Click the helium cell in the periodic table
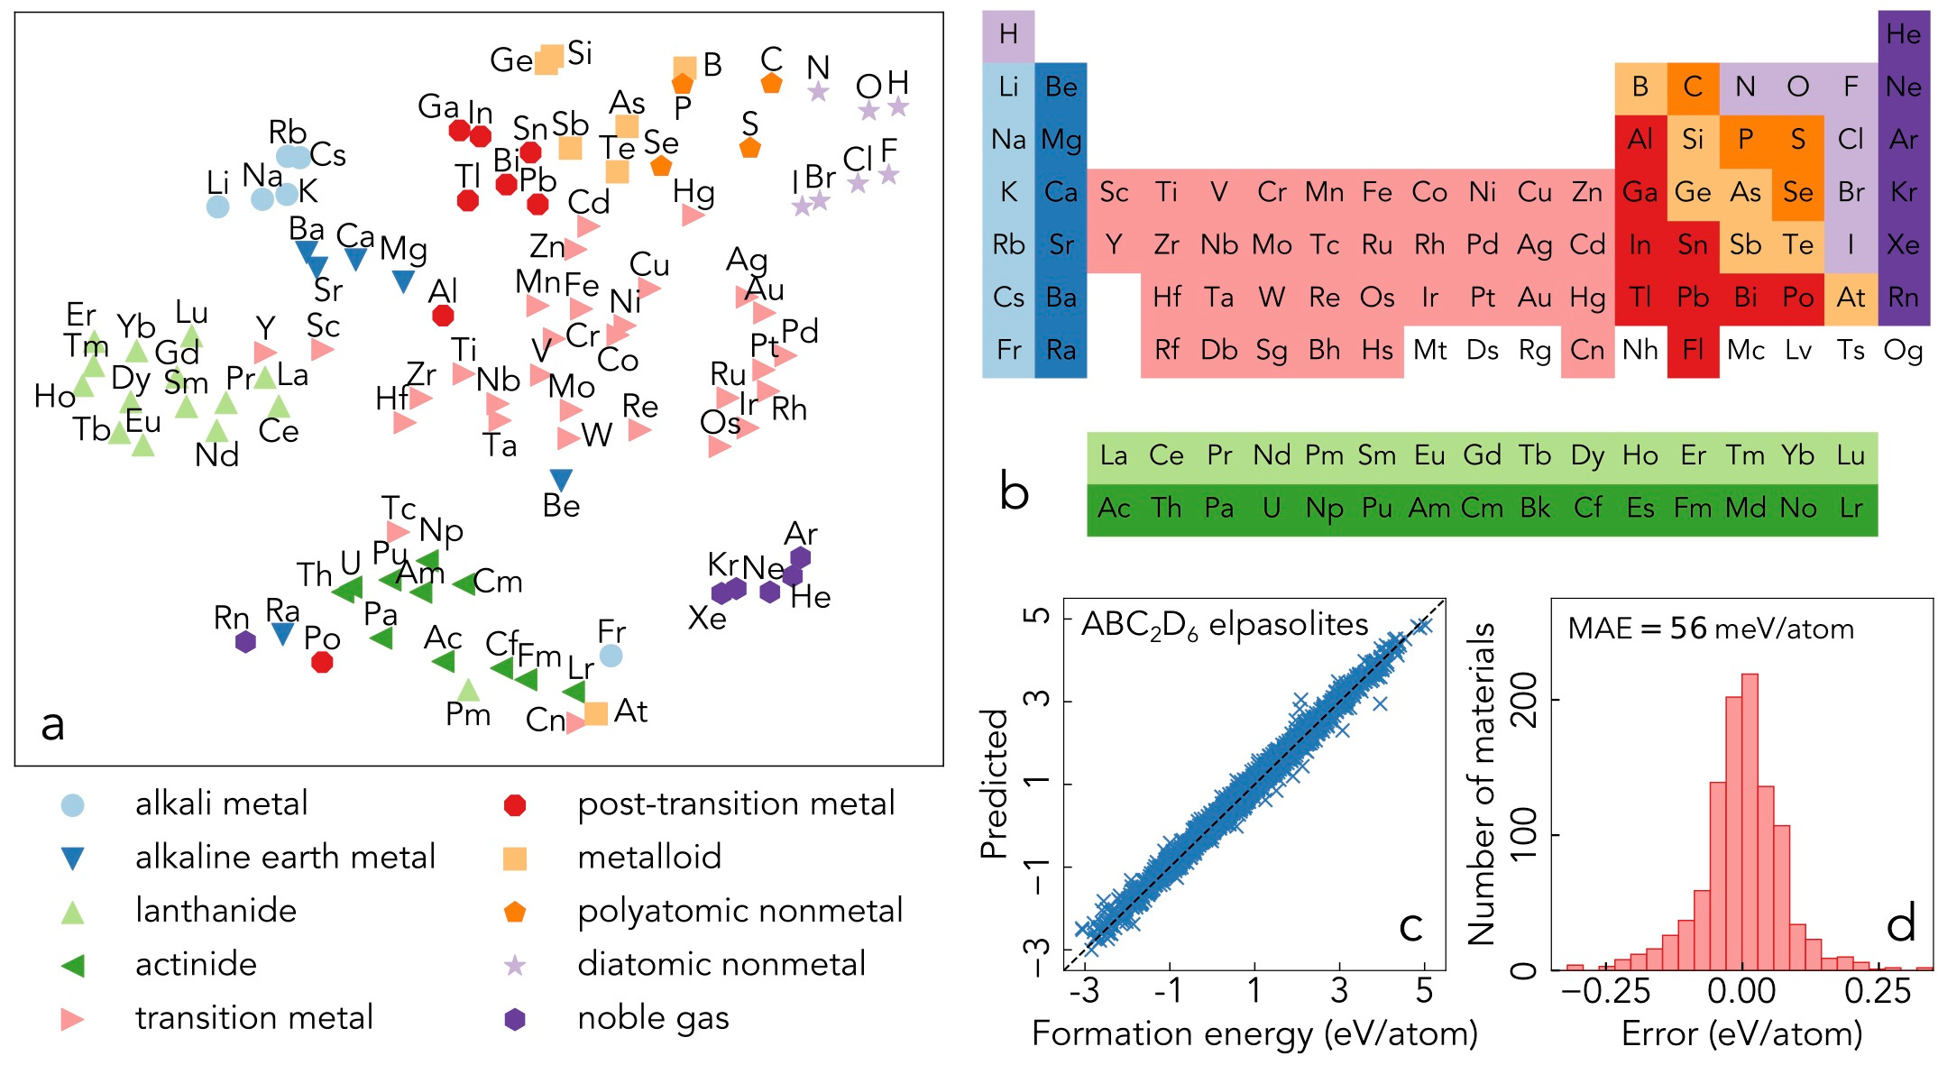[1903, 35]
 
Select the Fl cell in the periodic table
[1693, 350]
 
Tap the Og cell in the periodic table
[1903, 350]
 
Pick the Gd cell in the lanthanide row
[1482, 455]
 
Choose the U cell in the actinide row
[1272, 509]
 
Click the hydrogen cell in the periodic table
[1008, 35]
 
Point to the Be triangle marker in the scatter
[561, 480]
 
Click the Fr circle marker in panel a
[611, 656]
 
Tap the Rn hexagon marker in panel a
[245, 641]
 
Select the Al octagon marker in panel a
[443, 316]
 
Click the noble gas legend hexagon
[515, 1019]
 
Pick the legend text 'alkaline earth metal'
[285, 857]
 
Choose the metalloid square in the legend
[515, 858]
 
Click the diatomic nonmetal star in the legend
[515, 966]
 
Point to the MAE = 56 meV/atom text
[1711, 629]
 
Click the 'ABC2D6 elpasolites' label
[1225, 625]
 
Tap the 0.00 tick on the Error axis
[1741, 991]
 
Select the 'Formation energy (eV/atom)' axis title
[1254, 1033]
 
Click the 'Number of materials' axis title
[1482, 784]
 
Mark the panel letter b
[1015, 492]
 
